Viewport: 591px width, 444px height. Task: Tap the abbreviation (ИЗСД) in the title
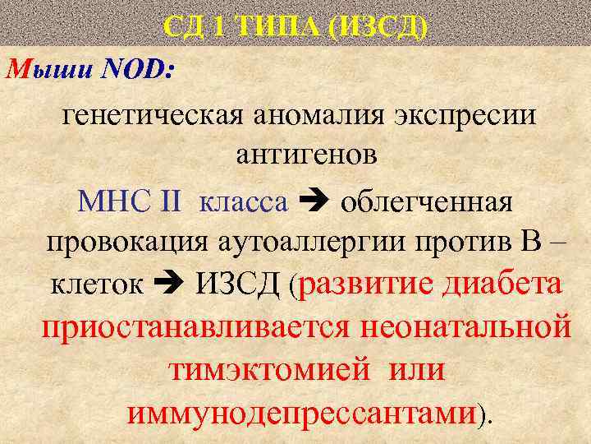point(377,27)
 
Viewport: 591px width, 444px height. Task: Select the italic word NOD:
point(136,69)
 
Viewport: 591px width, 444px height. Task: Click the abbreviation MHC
point(112,200)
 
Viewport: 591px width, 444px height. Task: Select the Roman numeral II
point(171,200)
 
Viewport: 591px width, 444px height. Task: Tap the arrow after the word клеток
point(170,287)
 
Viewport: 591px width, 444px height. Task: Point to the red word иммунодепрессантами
point(302,412)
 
